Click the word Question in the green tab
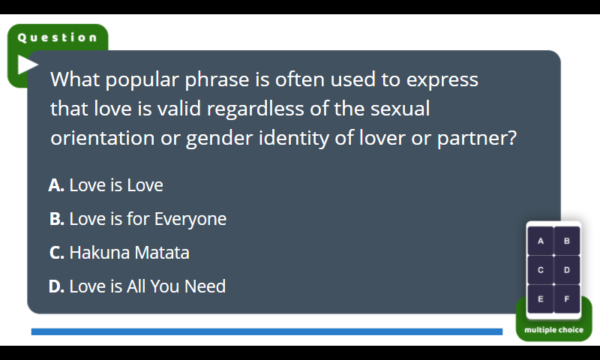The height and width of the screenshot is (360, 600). pyautogui.click(x=58, y=37)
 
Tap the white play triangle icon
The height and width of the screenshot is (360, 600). pyautogui.click(x=28, y=64)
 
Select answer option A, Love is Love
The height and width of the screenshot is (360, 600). pyautogui.click(x=106, y=185)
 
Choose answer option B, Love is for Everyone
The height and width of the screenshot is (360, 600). pyautogui.click(x=138, y=219)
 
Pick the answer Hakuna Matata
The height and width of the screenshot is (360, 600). pyautogui.click(x=119, y=253)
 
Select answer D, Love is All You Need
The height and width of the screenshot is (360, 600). pyautogui.click(x=137, y=286)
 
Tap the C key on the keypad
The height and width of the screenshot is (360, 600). pyautogui.click(x=540, y=270)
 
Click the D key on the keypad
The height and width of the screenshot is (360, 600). pyautogui.click(x=567, y=270)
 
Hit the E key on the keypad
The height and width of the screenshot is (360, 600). pyautogui.click(x=540, y=298)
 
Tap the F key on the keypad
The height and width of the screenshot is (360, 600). pyautogui.click(x=567, y=298)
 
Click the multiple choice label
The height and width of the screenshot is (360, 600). pyautogui.click(x=553, y=330)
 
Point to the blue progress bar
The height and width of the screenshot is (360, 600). pyautogui.click(x=267, y=331)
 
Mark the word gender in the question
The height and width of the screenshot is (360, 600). pyautogui.click(x=219, y=139)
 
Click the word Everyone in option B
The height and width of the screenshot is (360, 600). pyautogui.click(x=190, y=220)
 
